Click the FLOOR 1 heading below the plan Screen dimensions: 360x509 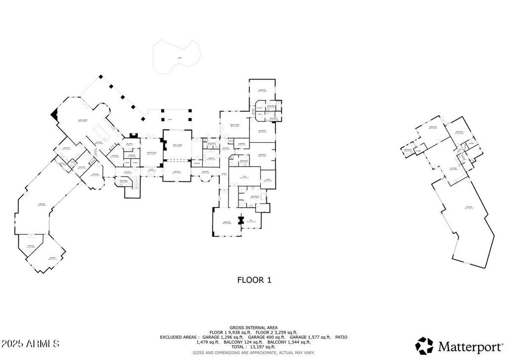(x=254, y=280)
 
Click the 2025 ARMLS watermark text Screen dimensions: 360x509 (x=31, y=344)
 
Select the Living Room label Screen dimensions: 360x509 (x=83, y=120)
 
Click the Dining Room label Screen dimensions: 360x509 (x=151, y=153)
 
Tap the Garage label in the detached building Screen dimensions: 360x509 (x=468, y=207)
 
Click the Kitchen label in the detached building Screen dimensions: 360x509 (x=453, y=168)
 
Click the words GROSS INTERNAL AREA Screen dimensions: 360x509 (x=254, y=327)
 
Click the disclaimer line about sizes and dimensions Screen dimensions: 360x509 (x=254, y=353)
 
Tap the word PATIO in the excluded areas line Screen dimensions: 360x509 (x=340, y=337)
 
